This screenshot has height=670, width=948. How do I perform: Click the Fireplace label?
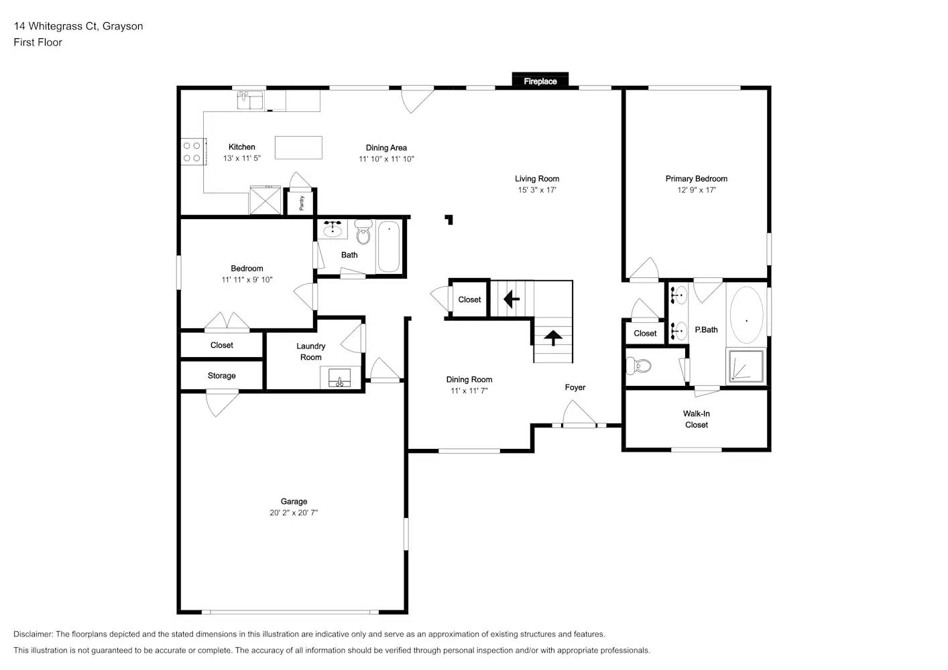point(540,82)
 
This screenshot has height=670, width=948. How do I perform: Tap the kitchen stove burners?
point(192,151)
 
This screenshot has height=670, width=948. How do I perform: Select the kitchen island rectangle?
point(298,147)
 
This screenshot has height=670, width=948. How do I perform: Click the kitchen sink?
point(250,100)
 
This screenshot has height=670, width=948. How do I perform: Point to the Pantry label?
point(302,203)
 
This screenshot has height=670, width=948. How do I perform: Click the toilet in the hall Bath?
point(363,232)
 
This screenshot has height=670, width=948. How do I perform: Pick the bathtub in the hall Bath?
point(388,247)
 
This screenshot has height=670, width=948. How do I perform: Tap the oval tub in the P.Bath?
point(746,316)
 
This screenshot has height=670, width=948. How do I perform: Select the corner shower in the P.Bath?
point(746,366)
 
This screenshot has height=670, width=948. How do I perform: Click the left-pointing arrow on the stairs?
point(512,298)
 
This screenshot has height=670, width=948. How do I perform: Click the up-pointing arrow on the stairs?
point(553,338)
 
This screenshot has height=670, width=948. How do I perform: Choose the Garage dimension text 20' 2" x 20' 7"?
point(294,513)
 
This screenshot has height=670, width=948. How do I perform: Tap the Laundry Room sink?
point(340,378)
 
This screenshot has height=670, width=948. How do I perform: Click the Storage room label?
point(221,376)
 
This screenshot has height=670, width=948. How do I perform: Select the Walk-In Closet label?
point(696,419)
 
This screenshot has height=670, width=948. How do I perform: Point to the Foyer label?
point(575,387)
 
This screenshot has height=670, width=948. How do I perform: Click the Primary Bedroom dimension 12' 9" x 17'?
point(696,190)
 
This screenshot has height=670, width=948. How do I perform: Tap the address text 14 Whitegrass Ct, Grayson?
point(78,26)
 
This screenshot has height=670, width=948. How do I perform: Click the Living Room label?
point(536,179)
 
